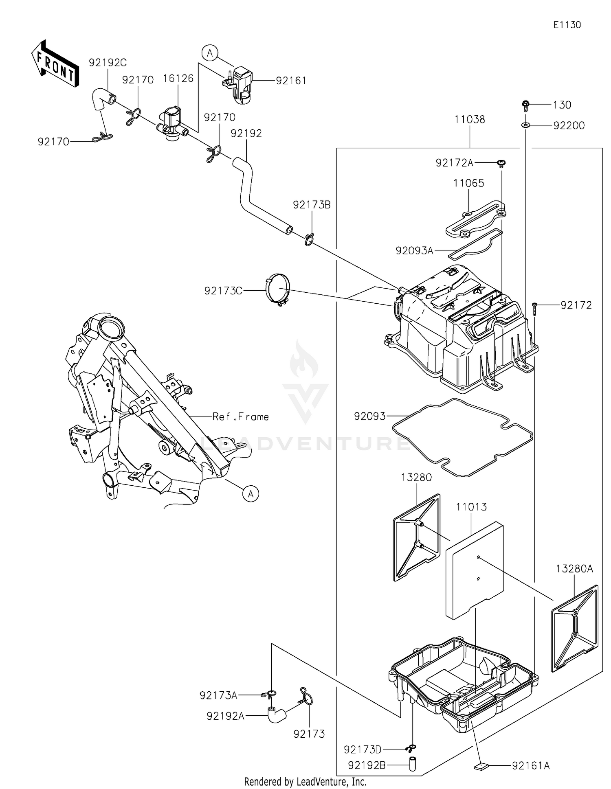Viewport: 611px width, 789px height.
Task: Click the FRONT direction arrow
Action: [55, 64]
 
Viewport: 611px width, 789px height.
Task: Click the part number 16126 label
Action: [178, 78]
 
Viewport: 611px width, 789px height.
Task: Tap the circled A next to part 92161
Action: [210, 53]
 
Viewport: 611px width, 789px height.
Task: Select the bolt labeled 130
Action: [525, 105]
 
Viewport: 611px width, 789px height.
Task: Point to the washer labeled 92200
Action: [525, 125]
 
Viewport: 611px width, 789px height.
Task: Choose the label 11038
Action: [470, 119]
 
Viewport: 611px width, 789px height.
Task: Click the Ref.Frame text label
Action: [240, 416]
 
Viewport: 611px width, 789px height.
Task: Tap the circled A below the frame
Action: [251, 494]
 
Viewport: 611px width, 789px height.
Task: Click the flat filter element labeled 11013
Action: [475, 570]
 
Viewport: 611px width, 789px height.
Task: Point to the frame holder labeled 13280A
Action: [574, 629]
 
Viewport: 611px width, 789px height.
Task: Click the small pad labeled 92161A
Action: [481, 766]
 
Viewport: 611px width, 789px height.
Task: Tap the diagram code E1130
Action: [567, 25]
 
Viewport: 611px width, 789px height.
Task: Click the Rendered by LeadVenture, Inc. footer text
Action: [305, 782]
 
